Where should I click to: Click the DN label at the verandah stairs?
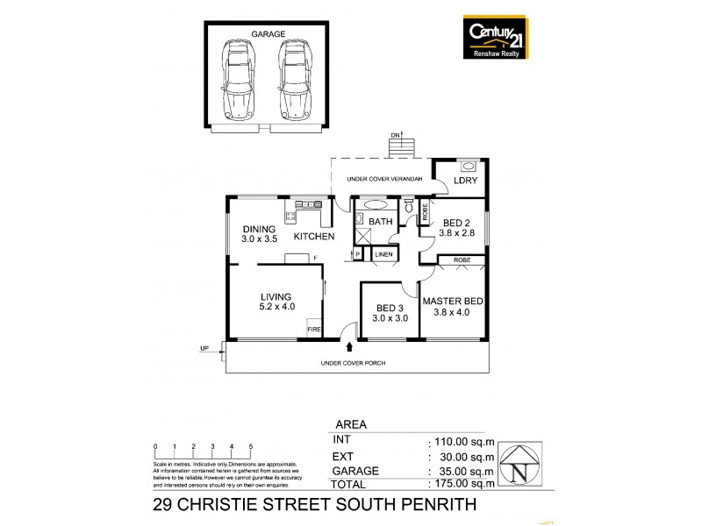click(394, 135)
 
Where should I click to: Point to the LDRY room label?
click(465, 181)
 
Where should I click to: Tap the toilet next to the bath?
click(409, 207)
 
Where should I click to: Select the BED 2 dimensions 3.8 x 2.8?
click(456, 234)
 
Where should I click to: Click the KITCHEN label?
click(313, 237)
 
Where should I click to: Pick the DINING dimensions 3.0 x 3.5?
click(260, 238)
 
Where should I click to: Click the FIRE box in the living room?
click(314, 330)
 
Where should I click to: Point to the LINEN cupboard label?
click(384, 254)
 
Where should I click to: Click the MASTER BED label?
click(454, 301)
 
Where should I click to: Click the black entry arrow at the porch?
click(352, 348)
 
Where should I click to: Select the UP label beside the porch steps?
click(204, 349)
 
